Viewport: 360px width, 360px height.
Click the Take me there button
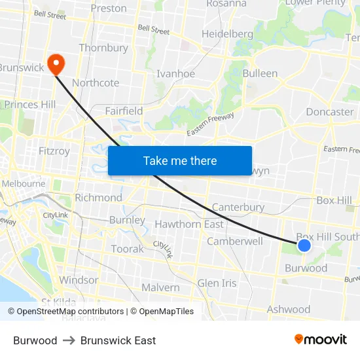(x=180, y=160)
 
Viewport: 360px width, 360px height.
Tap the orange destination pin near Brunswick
(x=56, y=63)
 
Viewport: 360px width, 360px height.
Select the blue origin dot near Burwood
(x=304, y=245)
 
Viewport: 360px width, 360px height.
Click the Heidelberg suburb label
(x=227, y=33)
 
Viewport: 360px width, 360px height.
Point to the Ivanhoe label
(x=175, y=73)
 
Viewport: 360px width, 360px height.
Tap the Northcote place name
(x=96, y=82)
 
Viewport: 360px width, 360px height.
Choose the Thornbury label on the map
(x=103, y=48)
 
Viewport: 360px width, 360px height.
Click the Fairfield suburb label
(x=124, y=111)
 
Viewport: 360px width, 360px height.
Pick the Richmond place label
(x=98, y=197)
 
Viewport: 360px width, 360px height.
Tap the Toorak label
(x=127, y=249)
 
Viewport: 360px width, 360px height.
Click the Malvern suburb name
(x=160, y=287)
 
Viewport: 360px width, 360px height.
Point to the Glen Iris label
(x=217, y=283)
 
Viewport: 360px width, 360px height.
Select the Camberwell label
(x=235, y=241)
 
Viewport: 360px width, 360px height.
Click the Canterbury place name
(x=238, y=207)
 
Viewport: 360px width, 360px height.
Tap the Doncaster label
(x=330, y=111)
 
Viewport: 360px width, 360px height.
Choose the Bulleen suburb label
(x=260, y=73)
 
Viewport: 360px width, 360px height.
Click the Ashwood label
(x=289, y=309)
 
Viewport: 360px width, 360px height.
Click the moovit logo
(x=321, y=339)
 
